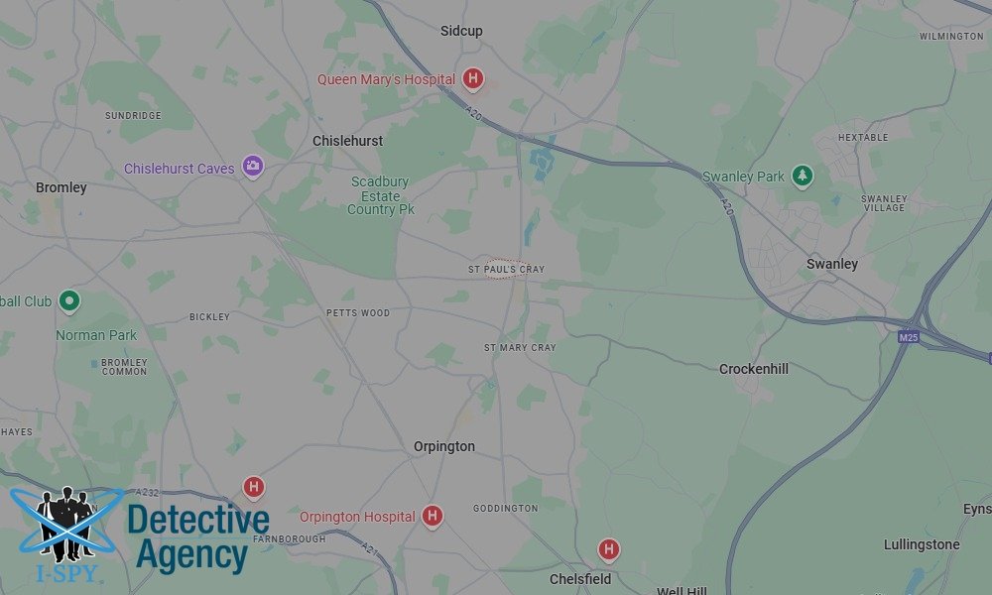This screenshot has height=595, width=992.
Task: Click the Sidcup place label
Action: [x=461, y=31]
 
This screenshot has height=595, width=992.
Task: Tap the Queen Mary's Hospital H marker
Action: [x=474, y=78]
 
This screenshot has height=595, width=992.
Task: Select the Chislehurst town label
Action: [x=347, y=141]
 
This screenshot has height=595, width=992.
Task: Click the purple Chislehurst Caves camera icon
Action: [x=253, y=166]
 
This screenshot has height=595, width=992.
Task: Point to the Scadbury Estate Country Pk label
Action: [x=382, y=195]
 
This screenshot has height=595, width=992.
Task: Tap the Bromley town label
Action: [x=62, y=187]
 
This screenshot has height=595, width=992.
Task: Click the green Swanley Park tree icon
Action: [x=803, y=176]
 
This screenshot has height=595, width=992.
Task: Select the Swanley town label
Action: [x=832, y=264]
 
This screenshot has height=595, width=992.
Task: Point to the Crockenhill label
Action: [x=754, y=369]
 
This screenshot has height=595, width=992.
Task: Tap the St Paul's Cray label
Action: [x=506, y=270]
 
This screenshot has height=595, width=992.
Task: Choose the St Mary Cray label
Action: [x=520, y=348]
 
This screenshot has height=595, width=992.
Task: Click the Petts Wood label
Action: [x=358, y=313]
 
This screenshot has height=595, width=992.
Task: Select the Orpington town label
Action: [x=444, y=446]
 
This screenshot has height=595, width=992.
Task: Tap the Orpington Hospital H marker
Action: [x=432, y=515]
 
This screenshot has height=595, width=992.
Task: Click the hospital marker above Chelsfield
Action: [x=609, y=548]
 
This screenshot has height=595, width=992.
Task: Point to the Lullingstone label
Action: [x=922, y=544]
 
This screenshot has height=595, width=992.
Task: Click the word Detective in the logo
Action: [x=198, y=520]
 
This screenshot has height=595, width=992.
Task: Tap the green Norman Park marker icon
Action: [x=68, y=299]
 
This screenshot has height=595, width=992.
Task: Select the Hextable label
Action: [x=863, y=138]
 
